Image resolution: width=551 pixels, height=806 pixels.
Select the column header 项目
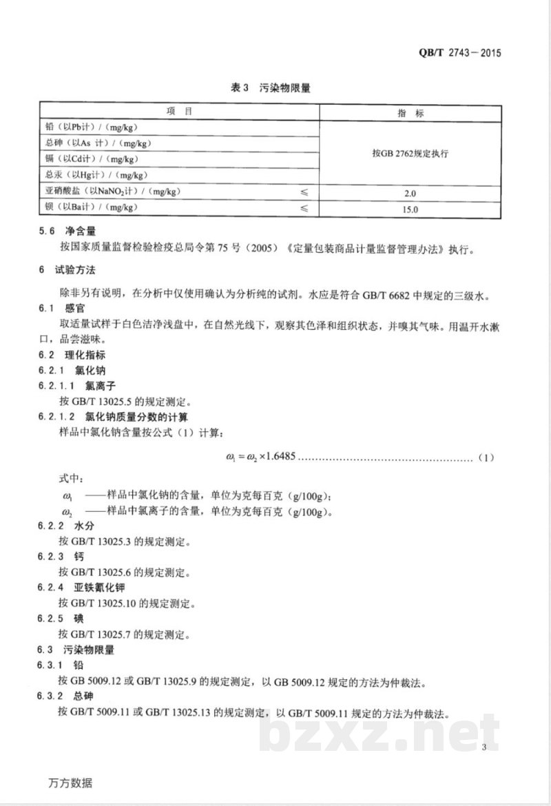[178, 111]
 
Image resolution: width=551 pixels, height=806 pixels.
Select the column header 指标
[410, 112]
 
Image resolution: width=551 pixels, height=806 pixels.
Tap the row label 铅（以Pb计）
[90, 127]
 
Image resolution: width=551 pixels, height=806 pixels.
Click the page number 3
[485, 748]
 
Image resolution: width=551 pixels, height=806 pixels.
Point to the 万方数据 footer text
[70, 783]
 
